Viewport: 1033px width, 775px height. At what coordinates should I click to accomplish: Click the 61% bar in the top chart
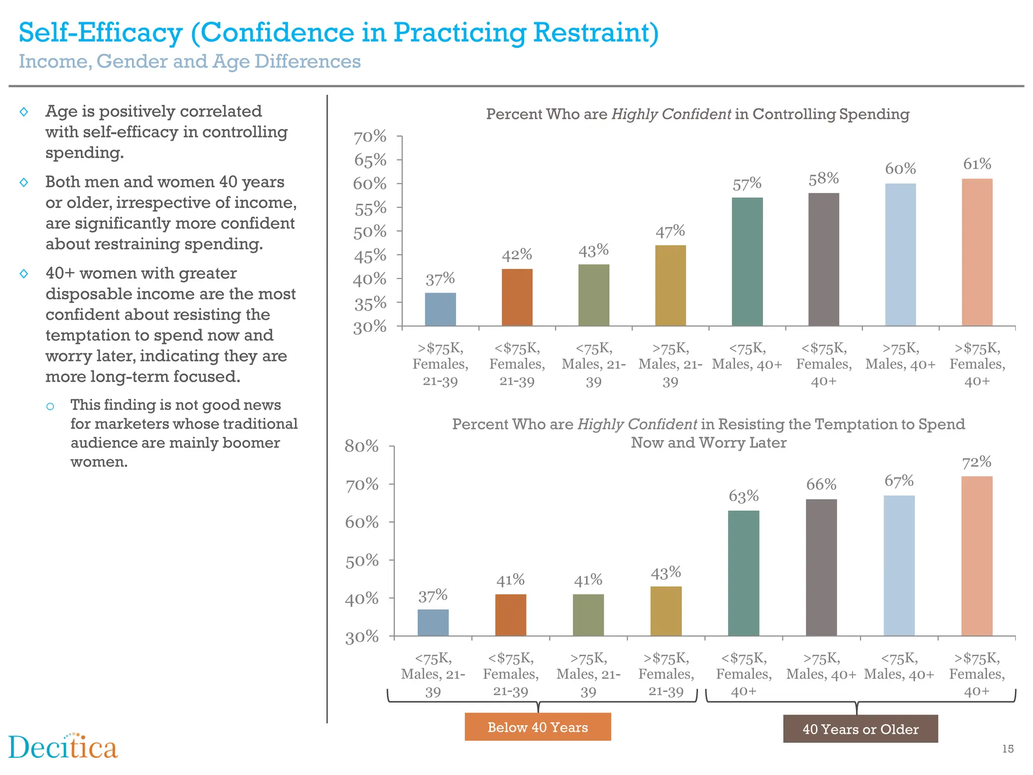point(977,252)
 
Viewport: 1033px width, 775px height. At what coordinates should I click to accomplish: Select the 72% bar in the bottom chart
point(977,555)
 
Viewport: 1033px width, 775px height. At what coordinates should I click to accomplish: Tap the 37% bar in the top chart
point(440,309)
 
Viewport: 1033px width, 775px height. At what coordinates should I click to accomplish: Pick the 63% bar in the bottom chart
point(743,573)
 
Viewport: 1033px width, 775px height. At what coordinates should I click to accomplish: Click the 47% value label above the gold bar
point(670,232)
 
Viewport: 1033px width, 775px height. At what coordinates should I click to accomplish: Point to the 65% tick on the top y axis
point(370,160)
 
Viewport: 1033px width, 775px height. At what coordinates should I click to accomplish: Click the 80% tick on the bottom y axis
point(362,446)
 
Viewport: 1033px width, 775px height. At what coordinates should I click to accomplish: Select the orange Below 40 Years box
point(538,727)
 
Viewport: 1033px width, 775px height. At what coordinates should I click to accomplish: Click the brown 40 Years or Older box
point(860,729)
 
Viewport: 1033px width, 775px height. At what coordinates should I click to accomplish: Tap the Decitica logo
point(63,747)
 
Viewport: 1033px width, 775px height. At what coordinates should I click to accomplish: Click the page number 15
point(1007,749)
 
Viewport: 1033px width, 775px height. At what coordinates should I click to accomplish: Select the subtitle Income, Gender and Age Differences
point(190,62)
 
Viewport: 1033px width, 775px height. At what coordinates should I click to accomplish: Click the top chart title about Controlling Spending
point(697,114)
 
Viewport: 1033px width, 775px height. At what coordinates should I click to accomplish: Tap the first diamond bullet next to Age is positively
point(24,112)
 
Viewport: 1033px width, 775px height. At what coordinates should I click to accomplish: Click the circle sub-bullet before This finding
point(50,406)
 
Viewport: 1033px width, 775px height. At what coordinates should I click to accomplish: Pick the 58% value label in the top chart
point(823,179)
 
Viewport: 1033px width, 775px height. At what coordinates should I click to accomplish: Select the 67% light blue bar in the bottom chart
point(899,565)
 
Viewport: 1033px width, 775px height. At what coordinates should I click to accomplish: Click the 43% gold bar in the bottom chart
point(666,611)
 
